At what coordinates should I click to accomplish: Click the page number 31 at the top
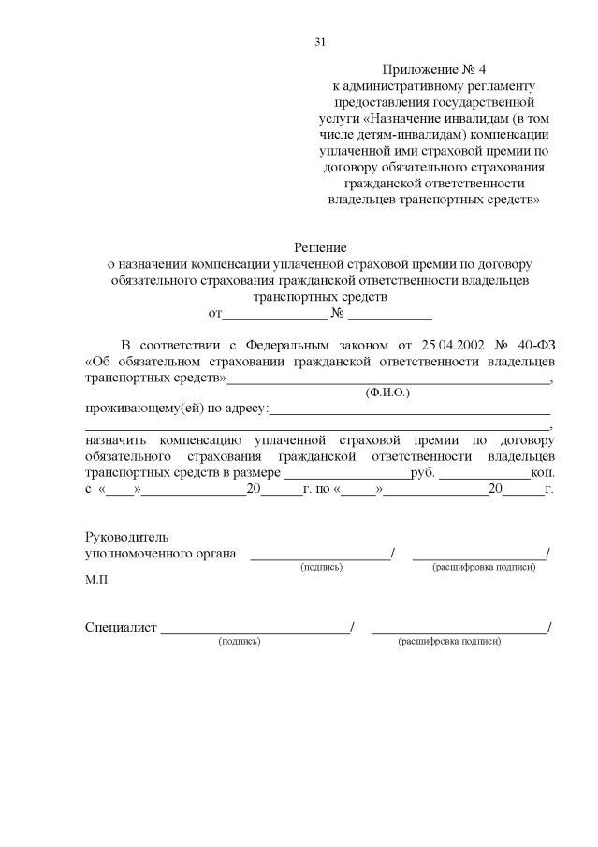(x=320, y=42)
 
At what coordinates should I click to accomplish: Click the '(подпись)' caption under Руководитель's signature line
(x=321, y=568)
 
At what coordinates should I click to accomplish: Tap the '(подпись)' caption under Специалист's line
(x=240, y=642)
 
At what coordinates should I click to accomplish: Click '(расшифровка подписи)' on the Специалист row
(x=450, y=642)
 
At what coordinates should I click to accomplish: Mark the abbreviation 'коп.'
(x=543, y=472)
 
